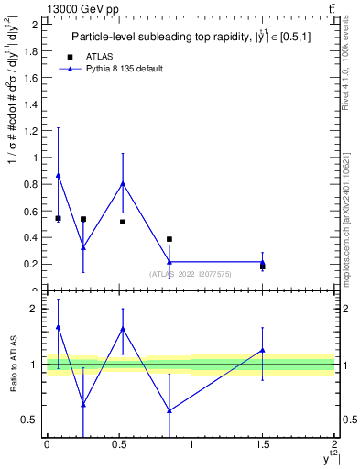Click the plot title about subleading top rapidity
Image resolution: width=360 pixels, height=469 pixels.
[x=190, y=37]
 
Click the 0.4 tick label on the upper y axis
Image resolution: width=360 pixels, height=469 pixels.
[x=35, y=237]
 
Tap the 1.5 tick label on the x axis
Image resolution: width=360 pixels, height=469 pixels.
[x=262, y=445]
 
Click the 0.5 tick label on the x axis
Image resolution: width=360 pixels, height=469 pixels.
[x=118, y=445]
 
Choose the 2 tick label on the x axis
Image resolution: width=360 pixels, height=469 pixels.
[x=334, y=445]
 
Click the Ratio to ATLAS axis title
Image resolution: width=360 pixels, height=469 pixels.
[x=13, y=365]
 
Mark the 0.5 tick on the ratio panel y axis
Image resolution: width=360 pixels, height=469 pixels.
[x=35, y=420]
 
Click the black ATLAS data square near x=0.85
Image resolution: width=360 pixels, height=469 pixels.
[x=169, y=239]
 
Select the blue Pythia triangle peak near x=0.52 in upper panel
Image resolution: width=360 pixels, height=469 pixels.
[x=123, y=183]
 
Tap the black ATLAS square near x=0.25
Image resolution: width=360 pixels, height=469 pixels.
[x=83, y=219]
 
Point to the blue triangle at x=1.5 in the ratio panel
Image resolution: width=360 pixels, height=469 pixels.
[x=263, y=350]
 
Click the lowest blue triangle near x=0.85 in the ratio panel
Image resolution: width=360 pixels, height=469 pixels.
[x=169, y=409]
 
